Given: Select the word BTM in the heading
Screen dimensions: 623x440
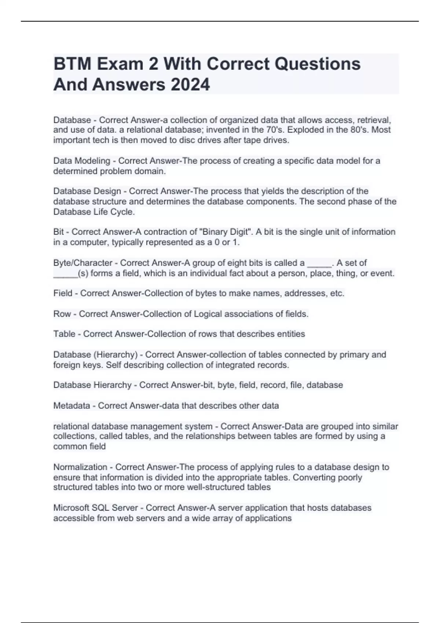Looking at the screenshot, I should (x=72, y=64).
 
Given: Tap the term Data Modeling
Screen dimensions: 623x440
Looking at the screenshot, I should (x=82, y=161).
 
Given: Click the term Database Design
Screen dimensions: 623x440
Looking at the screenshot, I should (x=87, y=191).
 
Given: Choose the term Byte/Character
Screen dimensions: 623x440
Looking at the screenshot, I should (x=83, y=263).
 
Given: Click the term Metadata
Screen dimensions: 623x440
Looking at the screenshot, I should (x=71, y=406).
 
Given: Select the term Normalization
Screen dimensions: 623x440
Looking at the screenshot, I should (x=80, y=467).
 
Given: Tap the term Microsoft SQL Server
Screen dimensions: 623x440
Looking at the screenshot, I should (x=96, y=508).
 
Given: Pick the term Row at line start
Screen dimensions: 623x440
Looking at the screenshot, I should (x=62, y=314).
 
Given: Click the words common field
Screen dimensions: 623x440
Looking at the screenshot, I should (x=80, y=446).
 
